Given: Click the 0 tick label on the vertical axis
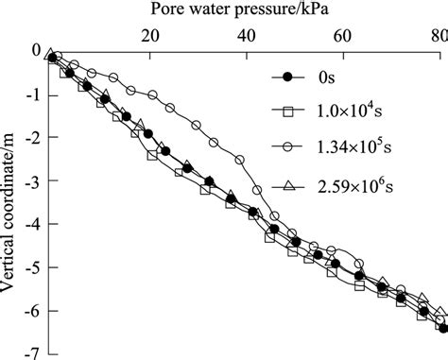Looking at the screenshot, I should (x=36, y=51).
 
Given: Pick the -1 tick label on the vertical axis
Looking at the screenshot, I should (x=33, y=94).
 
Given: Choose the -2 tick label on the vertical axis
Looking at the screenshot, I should (x=33, y=138).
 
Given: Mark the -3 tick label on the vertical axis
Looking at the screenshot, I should (x=33, y=181).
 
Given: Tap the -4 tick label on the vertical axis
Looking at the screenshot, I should (x=33, y=225).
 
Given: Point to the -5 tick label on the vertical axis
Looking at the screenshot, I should (x=33, y=268).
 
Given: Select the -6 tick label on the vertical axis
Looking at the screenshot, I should (x=33, y=312).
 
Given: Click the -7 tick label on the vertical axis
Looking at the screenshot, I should (x=33, y=353).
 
